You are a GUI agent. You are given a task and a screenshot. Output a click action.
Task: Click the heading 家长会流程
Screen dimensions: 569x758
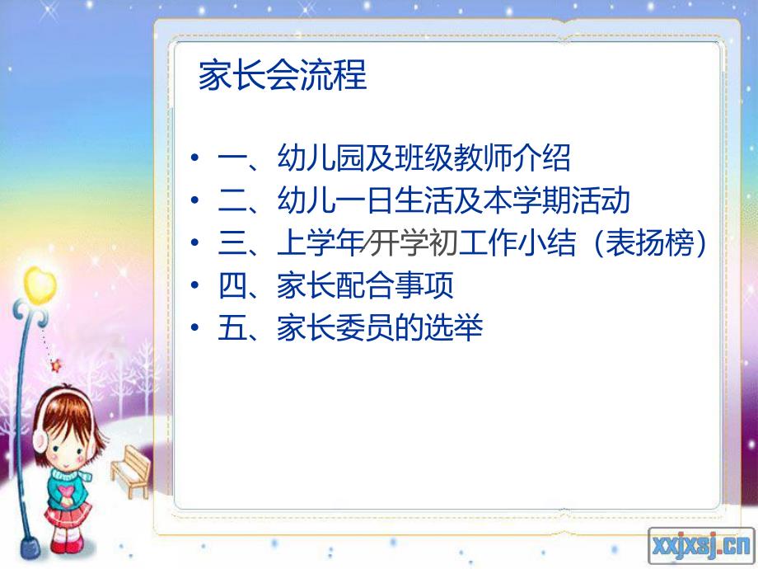click(283, 77)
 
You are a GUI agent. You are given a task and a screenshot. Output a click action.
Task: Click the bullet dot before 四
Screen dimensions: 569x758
click(194, 286)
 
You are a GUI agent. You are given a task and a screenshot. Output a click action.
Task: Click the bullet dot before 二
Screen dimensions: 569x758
click(194, 200)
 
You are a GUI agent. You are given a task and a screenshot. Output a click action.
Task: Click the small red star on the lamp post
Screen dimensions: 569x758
click(56, 365)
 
